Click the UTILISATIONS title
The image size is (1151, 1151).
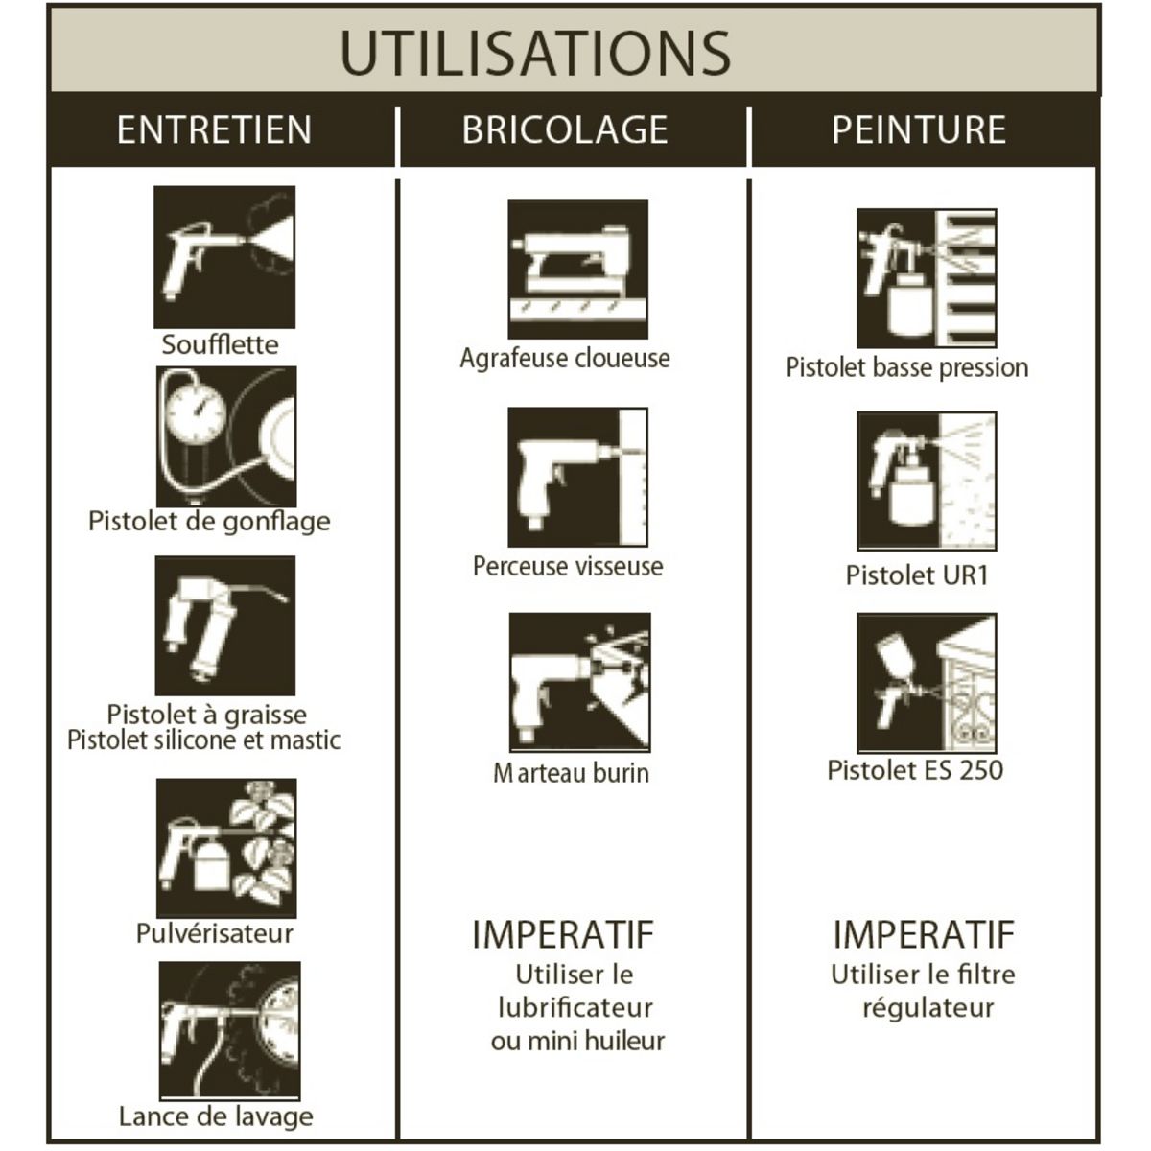[x=535, y=53]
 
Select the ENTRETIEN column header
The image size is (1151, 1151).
[x=215, y=129]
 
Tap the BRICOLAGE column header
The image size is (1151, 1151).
[x=565, y=129]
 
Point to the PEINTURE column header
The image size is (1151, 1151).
[x=919, y=129]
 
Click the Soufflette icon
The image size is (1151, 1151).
[x=224, y=257]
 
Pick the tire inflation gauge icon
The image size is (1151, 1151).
[x=226, y=436]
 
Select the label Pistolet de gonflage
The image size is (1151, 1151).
[x=209, y=522]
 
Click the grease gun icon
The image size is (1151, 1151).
[x=225, y=626]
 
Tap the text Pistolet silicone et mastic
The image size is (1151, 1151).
[x=203, y=740]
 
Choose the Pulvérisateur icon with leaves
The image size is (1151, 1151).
[x=226, y=848]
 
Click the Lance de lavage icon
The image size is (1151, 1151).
[x=230, y=1030]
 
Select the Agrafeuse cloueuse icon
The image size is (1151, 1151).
[x=578, y=269]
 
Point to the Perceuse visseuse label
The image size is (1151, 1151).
[x=568, y=566]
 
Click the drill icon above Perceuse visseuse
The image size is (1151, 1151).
[x=578, y=478]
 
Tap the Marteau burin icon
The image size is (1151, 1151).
[x=580, y=682]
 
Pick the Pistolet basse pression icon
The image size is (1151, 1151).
[x=927, y=278]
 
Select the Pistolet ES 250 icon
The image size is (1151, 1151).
[x=927, y=683]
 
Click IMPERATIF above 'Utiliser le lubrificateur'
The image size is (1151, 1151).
[x=563, y=935]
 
